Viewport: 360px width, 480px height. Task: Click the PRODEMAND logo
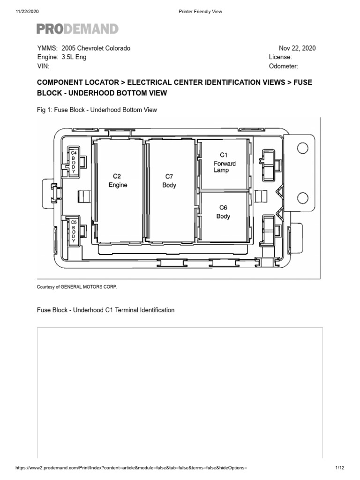[77, 29]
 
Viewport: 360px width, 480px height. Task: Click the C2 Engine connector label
[118, 180]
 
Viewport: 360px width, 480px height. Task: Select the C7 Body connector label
[169, 180]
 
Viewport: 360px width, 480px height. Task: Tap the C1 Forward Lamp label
[224, 162]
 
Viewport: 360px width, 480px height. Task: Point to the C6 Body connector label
[223, 212]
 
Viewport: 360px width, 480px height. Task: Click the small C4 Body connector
[74, 162]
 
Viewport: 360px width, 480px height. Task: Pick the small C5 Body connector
[74, 231]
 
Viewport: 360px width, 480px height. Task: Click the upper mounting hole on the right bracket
[302, 148]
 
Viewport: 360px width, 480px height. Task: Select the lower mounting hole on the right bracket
[302, 196]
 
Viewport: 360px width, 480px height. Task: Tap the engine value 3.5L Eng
[74, 57]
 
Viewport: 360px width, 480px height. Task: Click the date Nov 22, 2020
[297, 48]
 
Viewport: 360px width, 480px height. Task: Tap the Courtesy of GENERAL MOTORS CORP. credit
[76, 287]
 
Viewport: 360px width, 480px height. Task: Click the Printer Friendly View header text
[200, 12]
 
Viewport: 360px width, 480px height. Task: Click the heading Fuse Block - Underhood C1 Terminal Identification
[105, 310]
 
